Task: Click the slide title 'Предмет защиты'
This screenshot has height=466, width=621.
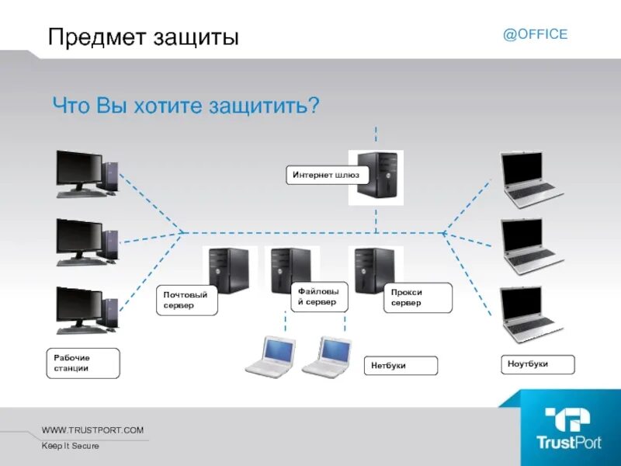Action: tap(143, 37)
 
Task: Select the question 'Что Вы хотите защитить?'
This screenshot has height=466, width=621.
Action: tap(186, 105)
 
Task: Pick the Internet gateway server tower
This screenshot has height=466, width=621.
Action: tap(380, 177)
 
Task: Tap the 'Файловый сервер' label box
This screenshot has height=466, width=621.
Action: tap(318, 296)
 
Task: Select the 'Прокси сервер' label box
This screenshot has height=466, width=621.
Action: tap(417, 297)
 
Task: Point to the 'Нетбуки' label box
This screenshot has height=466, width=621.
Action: tap(401, 365)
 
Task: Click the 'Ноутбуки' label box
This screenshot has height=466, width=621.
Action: tap(536, 363)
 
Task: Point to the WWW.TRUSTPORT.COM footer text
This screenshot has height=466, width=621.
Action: tap(93, 430)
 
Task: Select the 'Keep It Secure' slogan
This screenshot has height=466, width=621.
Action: tap(71, 446)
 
